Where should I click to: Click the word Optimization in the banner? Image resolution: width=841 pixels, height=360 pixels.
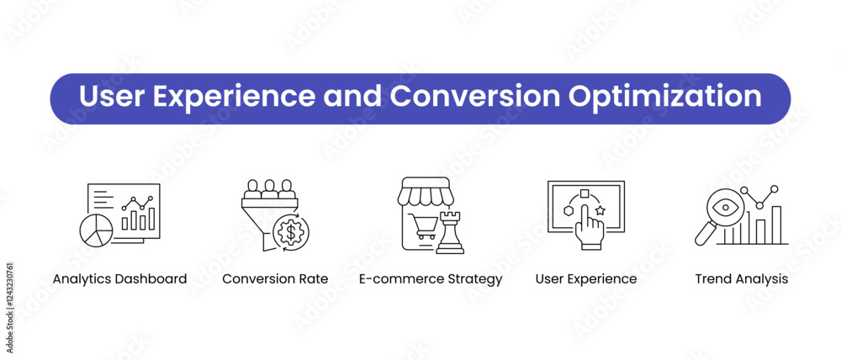(x=664, y=98)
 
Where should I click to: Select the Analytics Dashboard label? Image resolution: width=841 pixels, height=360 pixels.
(x=119, y=279)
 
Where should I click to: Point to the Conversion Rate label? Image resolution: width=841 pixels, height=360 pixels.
(x=275, y=279)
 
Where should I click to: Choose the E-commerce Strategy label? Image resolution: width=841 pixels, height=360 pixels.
(x=431, y=279)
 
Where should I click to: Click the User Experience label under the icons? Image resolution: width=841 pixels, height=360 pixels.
(x=586, y=279)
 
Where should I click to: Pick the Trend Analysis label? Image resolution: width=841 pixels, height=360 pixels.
(x=742, y=279)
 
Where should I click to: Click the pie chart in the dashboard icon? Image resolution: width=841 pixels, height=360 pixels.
(x=96, y=231)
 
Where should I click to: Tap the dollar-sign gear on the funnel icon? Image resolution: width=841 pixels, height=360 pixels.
(x=291, y=232)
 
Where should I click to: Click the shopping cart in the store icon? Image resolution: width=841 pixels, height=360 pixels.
(x=423, y=226)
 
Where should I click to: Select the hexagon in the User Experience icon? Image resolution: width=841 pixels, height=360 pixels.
(x=569, y=210)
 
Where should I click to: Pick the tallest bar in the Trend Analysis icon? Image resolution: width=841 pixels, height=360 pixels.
(x=776, y=225)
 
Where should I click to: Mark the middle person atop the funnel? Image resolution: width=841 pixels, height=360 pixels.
(x=269, y=189)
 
